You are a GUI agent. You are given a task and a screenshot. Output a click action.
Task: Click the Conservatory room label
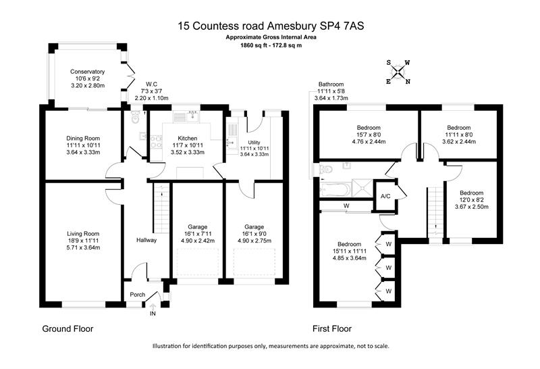click(x=88, y=72)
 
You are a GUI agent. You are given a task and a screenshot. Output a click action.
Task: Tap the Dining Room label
click(x=83, y=139)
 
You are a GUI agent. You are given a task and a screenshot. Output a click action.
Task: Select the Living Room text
click(x=83, y=234)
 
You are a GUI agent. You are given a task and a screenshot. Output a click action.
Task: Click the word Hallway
click(x=146, y=240)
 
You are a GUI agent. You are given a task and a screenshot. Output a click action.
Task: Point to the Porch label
click(x=138, y=295)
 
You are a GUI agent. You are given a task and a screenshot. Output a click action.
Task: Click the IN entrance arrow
click(x=153, y=307)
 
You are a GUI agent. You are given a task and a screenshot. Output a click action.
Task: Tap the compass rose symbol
click(x=398, y=72)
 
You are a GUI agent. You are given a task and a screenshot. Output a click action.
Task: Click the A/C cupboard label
click(x=385, y=196)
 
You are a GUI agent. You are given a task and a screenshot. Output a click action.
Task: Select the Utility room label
click(x=254, y=143)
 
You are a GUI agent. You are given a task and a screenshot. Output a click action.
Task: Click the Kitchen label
click(x=188, y=139)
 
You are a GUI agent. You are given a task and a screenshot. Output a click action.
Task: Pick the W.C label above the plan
click(x=151, y=84)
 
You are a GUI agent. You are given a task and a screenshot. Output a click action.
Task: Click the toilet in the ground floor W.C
click(x=134, y=117)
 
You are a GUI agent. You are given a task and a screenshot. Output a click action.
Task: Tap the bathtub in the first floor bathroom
click(x=335, y=189)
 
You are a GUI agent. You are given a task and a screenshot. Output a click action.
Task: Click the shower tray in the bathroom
click(x=362, y=189)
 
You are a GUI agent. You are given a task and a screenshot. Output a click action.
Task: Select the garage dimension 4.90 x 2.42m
click(x=198, y=241)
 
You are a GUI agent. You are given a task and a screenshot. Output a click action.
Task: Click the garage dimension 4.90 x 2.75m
click(x=254, y=241)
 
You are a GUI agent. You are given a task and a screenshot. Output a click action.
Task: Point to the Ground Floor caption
click(x=68, y=328)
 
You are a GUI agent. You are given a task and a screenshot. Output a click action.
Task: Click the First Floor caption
click(x=332, y=328)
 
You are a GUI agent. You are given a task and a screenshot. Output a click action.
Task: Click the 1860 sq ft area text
click(x=254, y=45)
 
